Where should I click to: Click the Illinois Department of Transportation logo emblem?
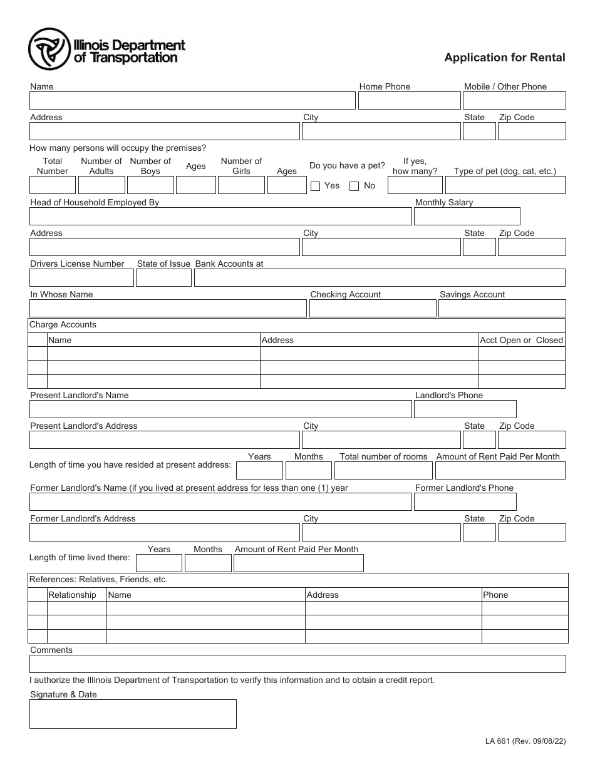pyautogui.click(x=49, y=49)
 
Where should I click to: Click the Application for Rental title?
pyautogui.click(x=504, y=58)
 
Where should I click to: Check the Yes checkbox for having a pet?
pyautogui.click(x=316, y=186)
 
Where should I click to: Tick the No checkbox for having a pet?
pyautogui.click(x=354, y=186)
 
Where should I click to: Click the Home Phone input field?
pyautogui.click(x=409, y=101)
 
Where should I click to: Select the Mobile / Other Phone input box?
pyautogui.click(x=514, y=101)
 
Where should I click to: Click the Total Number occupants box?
pyautogui.click(x=53, y=185)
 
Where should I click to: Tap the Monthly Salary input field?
pyautogui.click(x=467, y=216)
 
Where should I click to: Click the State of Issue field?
pyautogui.click(x=163, y=278)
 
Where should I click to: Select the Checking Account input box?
pyautogui.click(x=373, y=309)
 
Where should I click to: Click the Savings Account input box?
pyautogui.click(x=502, y=309)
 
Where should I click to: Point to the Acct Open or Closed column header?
pyautogui.click(x=521, y=340)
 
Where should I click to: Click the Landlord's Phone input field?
pyautogui.click(x=465, y=409)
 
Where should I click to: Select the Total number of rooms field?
pyautogui.click(x=383, y=471)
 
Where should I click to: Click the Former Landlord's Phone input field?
pyautogui.click(x=465, y=502)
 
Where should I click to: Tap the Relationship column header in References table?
pyautogui.click(x=72, y=595)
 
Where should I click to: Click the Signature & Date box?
pyautogui.click(x=133, y=714)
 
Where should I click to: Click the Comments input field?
pyautogui.click(x=297, y=664)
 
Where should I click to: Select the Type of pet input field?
pyautogui.click(x=505, y=185)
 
